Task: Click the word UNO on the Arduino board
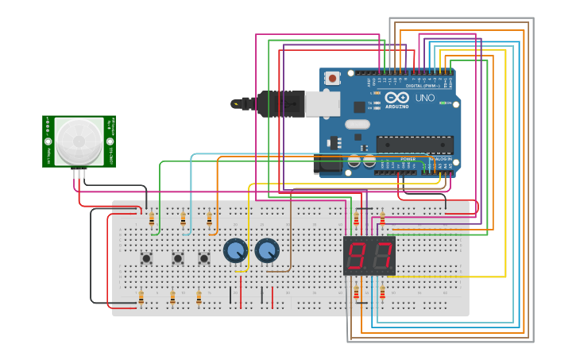point(425,98)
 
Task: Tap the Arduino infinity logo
point(396,98)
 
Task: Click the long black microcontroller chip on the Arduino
point(415,145)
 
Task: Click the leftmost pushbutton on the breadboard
point(146,257)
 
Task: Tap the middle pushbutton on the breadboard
point(178,257)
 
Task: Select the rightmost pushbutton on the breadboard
point(204,257)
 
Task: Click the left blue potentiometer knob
point(235,251)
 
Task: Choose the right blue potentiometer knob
point(267,251)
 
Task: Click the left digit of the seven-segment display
point(358,256)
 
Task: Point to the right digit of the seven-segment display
point(382,256)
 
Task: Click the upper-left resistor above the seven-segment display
point(356,219)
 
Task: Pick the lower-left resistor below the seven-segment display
point(356,293)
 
